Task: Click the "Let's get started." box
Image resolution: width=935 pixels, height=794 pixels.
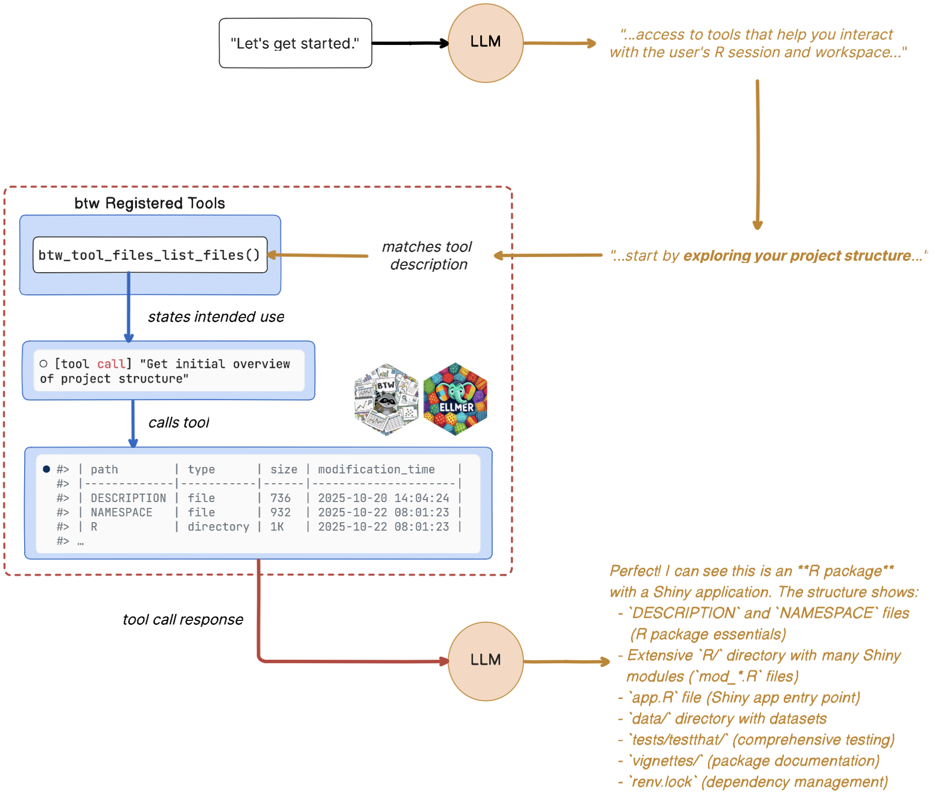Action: click(295, 43)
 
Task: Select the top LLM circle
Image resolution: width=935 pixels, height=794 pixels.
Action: click(485, 43)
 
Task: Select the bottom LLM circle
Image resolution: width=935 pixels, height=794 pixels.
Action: click(485, 660)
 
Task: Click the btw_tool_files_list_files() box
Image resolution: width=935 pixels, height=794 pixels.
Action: click(150, 255)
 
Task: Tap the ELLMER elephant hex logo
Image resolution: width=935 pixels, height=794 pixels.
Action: click(455, 399)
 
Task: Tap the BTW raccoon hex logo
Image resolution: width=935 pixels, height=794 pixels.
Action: click(386, 399)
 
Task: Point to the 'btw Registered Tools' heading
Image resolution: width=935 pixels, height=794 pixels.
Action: click(149, 203)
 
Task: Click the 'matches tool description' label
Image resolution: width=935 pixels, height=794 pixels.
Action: click(428, 255)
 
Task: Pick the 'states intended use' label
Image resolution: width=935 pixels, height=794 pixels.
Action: click(216, 317)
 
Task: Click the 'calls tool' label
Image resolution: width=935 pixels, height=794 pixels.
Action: click(179, 423)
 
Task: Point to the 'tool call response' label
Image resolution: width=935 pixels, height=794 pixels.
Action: click(183, 619)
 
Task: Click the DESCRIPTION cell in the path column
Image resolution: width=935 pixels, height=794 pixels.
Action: click(128, 498)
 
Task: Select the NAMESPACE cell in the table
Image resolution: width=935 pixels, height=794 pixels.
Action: click(121, 512)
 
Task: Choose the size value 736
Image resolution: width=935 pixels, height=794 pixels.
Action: click(280, 498)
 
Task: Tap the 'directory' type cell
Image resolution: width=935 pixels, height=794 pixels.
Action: click(218, 527)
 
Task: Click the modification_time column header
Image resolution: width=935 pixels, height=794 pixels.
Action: click(376, 469)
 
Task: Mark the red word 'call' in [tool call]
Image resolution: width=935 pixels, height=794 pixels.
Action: click(111, 364)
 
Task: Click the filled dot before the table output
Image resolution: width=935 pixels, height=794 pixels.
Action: click(46, 469)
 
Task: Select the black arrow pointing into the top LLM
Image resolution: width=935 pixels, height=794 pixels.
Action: click(410, 43)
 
